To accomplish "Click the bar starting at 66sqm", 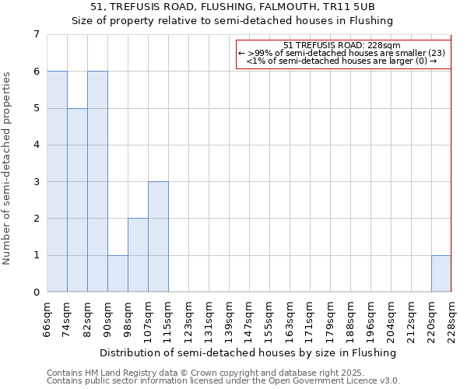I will coord(57,181).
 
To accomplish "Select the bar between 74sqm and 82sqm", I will coord(77,200).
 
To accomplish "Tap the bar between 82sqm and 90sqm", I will coord(97,181).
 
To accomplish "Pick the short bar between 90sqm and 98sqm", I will coord(118,274).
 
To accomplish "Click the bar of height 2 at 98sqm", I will coord(138,255).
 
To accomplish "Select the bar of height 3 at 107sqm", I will coord(158,237).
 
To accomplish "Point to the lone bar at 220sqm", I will coord(441,274).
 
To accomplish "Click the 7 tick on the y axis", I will coord(36,34).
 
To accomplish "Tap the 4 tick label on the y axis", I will coord(36,145).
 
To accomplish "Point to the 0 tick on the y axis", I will coord(36,293).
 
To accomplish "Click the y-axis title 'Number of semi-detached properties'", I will coord(7,168).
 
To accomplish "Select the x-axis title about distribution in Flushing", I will coord(248,352).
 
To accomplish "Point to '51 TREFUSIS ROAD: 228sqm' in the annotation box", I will coord(342,45).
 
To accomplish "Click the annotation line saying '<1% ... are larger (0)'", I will coord(342,61).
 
